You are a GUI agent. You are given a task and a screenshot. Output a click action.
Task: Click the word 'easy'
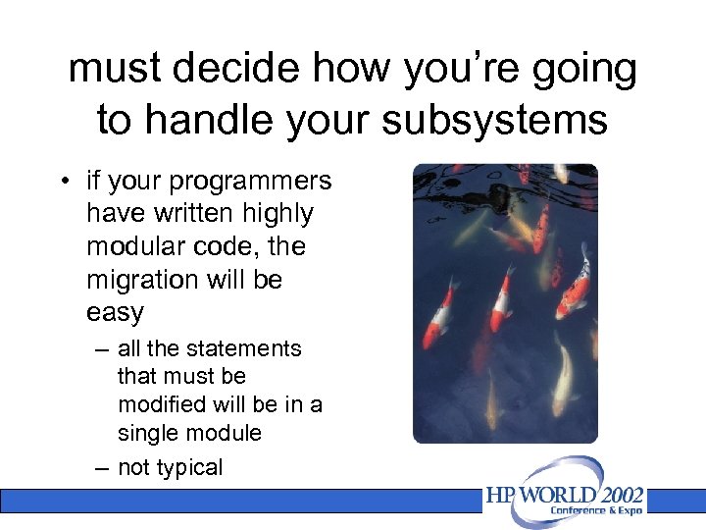point(115,313)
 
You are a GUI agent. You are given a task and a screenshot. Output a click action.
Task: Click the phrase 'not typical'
point(170,467)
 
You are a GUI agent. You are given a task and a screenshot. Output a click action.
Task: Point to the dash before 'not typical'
point(102,467)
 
